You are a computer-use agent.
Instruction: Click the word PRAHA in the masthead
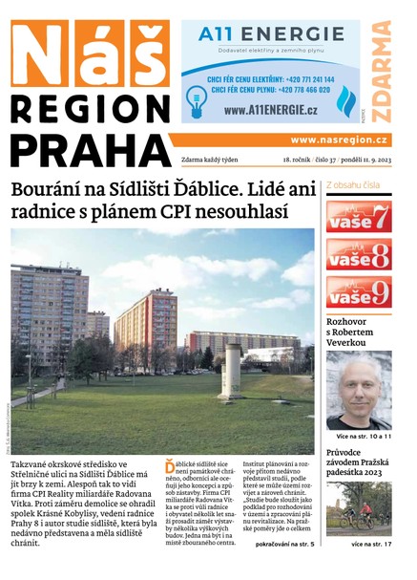pyautogui.click(x=92, y=151)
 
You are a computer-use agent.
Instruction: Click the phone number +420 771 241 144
pyautogui.click(x=302, y=78)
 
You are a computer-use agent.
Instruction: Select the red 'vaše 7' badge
pyautogui.click(x=359, y=216)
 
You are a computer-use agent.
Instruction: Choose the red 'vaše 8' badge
pyautogui.click(x=359, y=254)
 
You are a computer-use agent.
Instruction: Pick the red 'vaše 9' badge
pyautogui.click(x=359, y=291)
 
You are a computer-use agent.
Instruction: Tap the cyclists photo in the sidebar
pyautogui.click(x=359, y=507)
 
